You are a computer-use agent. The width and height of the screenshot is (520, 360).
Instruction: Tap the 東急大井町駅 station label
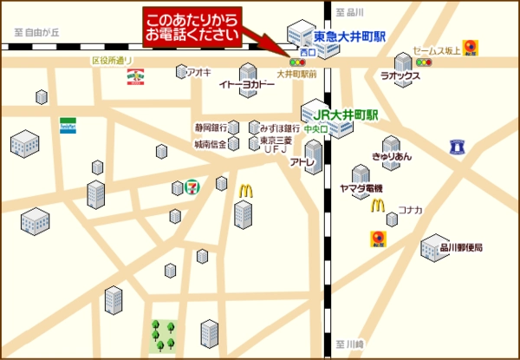tap(349, 37)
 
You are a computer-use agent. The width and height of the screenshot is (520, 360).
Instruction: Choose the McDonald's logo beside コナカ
tap(378, 206)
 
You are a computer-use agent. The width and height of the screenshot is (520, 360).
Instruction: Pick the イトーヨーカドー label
tap(245, 84)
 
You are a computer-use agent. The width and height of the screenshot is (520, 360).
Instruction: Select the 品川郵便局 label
tap(460, 247)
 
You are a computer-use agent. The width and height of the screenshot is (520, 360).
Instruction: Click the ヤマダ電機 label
tap(361, 188)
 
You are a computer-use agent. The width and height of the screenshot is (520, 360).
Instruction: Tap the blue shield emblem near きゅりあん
tap(458, 148)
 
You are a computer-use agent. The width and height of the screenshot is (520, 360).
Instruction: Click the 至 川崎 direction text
tap(353, 344)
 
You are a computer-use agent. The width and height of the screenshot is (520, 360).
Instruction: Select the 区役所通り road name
tap(112, 61)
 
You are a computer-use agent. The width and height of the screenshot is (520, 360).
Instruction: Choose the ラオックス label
tap(400, 76)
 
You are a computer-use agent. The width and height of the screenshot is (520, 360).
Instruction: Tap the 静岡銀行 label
tap(211, 128)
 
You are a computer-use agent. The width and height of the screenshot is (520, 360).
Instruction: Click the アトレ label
tap(302, 161)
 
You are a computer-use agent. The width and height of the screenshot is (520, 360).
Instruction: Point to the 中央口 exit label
tap(315, 129)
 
